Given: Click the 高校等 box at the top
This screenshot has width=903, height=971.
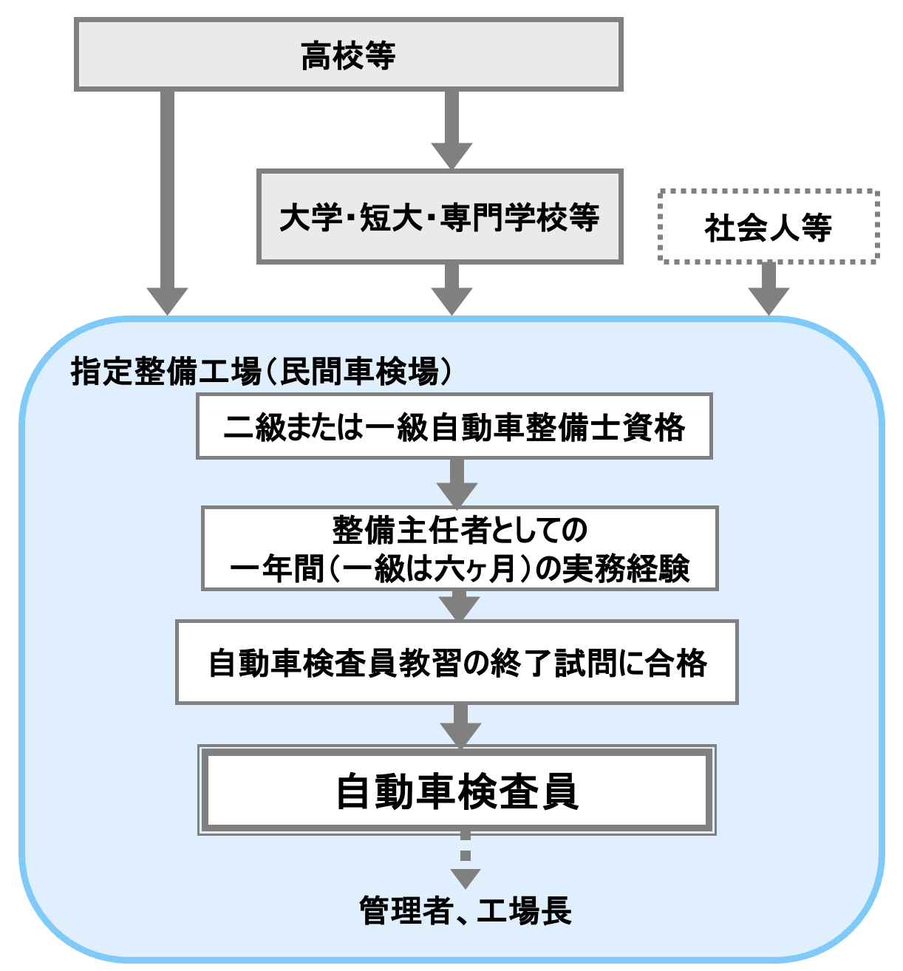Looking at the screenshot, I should coord(348,55).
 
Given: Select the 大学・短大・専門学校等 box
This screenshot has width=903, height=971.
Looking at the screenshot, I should coord(440,217).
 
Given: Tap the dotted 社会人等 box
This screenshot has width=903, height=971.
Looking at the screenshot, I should coord(769,227).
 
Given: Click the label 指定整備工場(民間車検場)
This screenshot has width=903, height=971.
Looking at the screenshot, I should coord(262,371).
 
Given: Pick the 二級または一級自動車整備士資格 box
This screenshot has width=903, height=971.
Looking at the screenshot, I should coord(454,426).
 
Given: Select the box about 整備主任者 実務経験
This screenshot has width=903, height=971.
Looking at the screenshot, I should coord(460,548).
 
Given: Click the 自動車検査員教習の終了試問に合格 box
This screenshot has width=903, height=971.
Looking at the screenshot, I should coord(457,662).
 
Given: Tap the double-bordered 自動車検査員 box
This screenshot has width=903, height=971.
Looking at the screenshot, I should coord(457,791).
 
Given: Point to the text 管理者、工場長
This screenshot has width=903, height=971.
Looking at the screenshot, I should coord(466,910).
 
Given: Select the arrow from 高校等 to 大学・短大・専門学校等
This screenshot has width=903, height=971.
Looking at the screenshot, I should coord(451,129).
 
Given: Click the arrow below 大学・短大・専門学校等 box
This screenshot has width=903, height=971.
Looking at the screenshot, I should coord(451,289).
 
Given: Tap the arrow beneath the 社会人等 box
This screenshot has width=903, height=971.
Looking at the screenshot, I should coord(769,289).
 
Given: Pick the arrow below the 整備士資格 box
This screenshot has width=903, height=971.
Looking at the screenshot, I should coord(457,482).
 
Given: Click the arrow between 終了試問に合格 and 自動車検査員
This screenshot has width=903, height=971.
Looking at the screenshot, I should coord(461,724).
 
